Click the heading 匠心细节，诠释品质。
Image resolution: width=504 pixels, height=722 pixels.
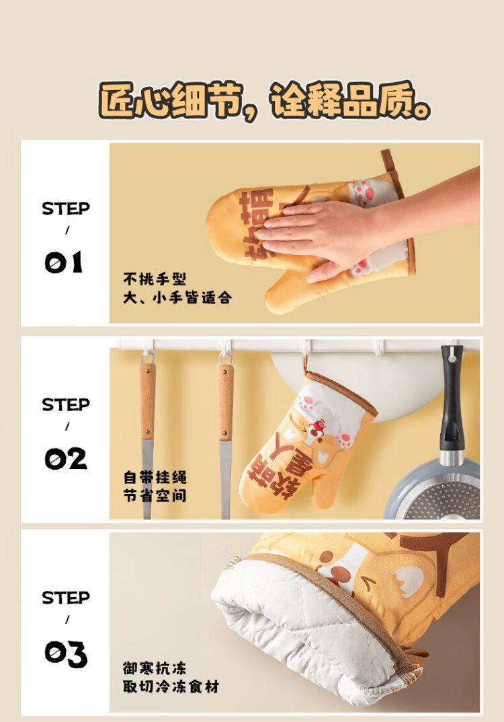[264, 101]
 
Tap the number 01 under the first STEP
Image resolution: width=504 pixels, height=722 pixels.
[64, 262]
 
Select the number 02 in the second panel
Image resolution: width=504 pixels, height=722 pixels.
[66, 459]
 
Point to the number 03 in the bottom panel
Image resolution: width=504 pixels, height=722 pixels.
[66, 654]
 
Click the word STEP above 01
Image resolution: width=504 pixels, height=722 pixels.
[66, 209]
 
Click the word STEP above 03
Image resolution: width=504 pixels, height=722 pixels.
[66, 598]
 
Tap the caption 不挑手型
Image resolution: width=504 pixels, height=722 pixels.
[155, 279]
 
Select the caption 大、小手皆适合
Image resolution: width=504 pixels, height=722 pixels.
[177, 297]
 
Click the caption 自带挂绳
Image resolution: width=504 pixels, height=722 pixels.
[155, 477]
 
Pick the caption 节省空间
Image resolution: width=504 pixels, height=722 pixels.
[155, 496]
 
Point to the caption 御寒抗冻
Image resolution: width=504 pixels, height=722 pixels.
[155, 667]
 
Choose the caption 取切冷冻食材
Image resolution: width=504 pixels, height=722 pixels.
[171, 686]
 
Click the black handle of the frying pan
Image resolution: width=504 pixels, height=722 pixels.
[452, 400]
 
